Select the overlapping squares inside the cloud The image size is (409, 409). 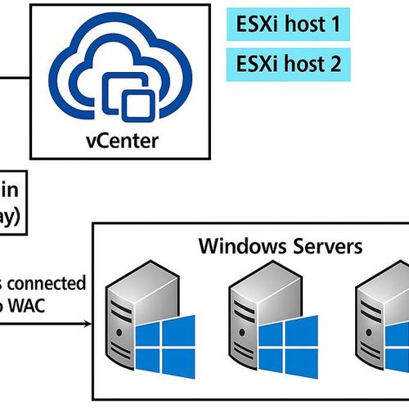pos(130,98)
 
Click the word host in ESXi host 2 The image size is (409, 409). pos(299,62)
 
